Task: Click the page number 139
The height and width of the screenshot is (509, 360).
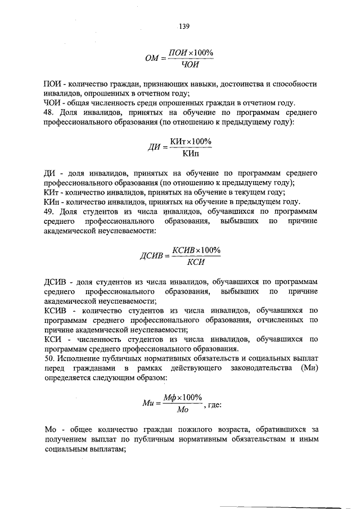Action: tap(184, 25)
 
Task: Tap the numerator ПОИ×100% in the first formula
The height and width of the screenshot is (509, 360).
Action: tap(192, 52)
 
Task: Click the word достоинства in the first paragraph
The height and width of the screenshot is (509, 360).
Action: tap(226, 83)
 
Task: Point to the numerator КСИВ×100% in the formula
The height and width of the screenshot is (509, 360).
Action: tap(196, 250)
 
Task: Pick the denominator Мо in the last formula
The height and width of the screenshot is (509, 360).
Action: tap(182, 411)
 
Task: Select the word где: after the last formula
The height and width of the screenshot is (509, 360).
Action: tap(215, 404)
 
